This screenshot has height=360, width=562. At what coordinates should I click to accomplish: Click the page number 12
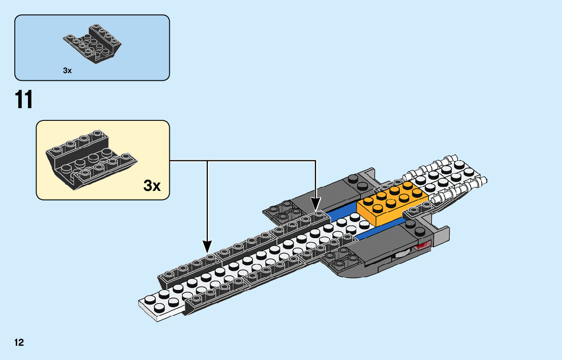tap(19, 342)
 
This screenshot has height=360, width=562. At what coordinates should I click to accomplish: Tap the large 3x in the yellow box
tap(152, 185)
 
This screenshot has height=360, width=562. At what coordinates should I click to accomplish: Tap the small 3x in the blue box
tap(68, 71)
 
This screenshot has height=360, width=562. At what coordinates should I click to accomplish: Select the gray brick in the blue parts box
tap(92, 44)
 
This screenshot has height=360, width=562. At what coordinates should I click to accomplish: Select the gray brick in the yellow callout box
tap(91, 160)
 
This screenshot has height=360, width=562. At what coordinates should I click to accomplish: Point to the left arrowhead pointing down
tap(207, 247)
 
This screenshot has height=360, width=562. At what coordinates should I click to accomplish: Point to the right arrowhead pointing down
tap(316, 205)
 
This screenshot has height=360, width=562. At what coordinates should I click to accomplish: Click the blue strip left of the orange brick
tap(340, 213)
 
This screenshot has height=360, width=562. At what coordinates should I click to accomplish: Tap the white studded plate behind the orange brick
tap(445, 177)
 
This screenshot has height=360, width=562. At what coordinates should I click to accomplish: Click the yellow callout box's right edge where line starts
tap(170, 160)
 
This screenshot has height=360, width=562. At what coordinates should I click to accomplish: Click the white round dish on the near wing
tap(401, 255)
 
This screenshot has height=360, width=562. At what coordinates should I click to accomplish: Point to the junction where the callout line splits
tap(207, 160)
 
